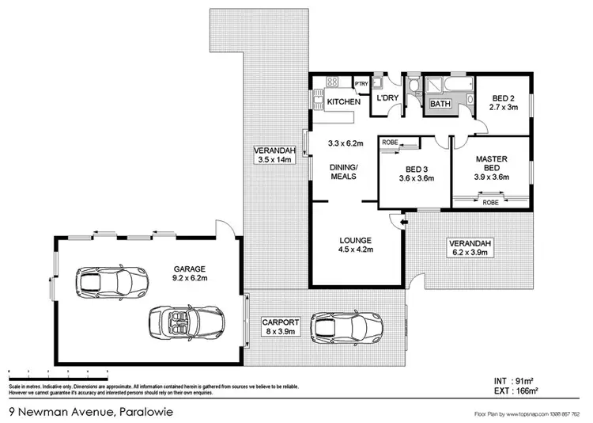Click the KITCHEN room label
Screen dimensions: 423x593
[x=344, y=102]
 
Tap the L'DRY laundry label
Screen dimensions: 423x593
[x=387, y=97]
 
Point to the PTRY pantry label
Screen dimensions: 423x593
[x=361, y=84]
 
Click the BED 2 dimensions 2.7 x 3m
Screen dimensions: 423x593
[x=503, y=107]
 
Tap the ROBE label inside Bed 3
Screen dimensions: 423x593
[x=390, y=142]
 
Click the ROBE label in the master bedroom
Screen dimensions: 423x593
[x=490, y=202]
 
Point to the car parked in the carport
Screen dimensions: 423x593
[x=348, y=325]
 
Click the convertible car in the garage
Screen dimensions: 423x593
[x=186, y=322]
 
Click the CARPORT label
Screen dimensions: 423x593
[x=281, y=322]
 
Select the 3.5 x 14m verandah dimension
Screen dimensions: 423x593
[x=274, y=160]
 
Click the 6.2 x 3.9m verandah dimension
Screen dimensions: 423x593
[x=470, y=253]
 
